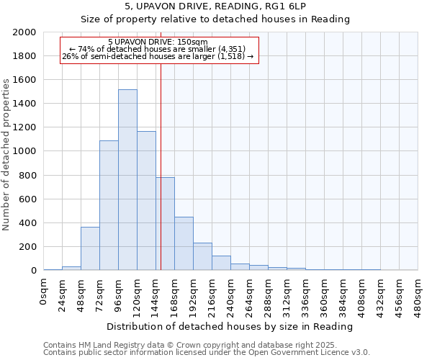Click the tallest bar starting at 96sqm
point(127,180)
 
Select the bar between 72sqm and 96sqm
point(109,205)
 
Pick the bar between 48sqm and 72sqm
point(90,248)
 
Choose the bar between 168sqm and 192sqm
point(184,243)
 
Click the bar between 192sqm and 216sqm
point(202,256)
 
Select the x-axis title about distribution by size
point(230,326)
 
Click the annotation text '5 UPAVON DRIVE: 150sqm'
point(158,42)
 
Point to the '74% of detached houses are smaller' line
point(158,49)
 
